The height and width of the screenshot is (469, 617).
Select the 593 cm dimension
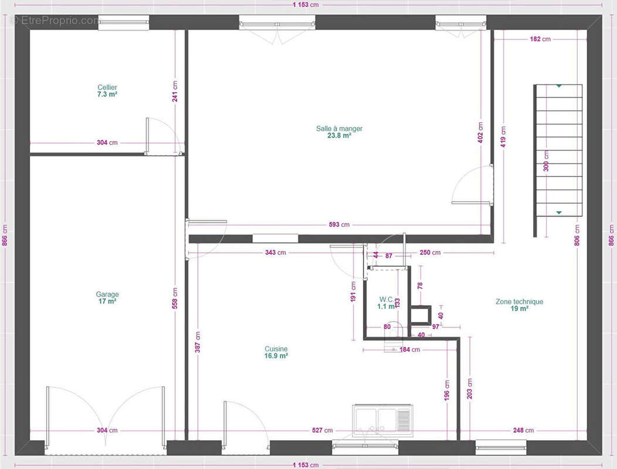coord(339,225)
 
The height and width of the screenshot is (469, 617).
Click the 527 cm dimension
coord(322,430)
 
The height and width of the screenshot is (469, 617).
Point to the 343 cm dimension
coord(276,253)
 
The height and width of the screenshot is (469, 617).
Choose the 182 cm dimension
coord(540,39)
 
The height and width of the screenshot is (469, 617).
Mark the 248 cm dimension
coord(523,430)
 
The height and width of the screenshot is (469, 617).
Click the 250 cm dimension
coord(430,253)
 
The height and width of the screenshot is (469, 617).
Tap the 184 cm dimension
coord(409,349)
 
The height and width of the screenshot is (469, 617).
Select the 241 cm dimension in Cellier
coord(175,91)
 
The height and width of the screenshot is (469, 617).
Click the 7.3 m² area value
coord(107,94)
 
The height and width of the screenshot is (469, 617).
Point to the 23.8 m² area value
coord(339,136)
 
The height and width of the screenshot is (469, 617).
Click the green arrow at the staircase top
coord(559,86)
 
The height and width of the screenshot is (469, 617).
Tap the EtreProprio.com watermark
coord(55,21)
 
